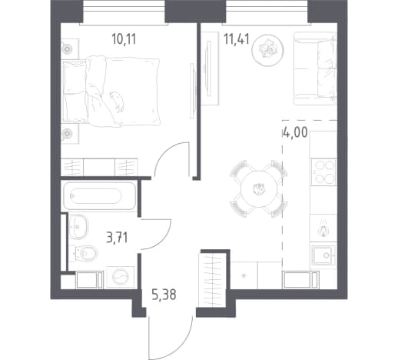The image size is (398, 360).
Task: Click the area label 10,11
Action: (x=124, y=39)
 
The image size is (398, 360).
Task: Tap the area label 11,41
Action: (x=237, y=39)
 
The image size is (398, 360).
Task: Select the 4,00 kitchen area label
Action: (x=295, y=133)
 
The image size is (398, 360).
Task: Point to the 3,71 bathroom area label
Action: (x=117, y=238)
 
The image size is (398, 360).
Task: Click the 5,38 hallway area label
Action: (x=164, y=295)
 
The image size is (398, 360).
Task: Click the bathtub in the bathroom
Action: (x=99, y=195)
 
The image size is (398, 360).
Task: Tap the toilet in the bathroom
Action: (x=83, y=254)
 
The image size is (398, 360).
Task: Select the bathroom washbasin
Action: (x=78, y=227)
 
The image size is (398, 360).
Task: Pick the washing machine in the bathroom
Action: (x=121, y=277)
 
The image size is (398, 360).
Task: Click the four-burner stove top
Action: (x=323, y=172)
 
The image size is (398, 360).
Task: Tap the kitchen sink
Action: (x=323, y=255)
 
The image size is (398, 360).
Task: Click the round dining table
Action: (x=259, y=188)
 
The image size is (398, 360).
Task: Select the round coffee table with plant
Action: (x=267, y=50)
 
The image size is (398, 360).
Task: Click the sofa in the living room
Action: (x=315, y=68)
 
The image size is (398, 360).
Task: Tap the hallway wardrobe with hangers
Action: (x=212, y=280)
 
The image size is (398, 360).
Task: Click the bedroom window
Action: (x=124, y=12)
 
